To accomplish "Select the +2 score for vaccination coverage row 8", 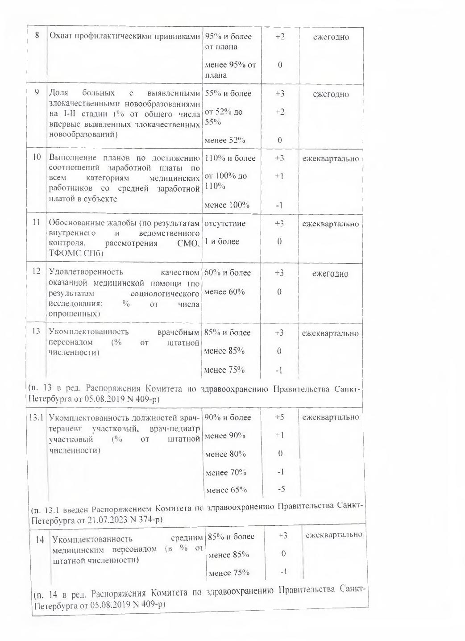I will pos(280,37).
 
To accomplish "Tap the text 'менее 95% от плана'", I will pos(230,70).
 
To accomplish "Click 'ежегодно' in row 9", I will pos(331,94).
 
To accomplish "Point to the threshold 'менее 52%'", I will pos(224,140).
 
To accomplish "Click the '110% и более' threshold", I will pos(230,158).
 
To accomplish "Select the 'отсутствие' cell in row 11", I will pos(224,223).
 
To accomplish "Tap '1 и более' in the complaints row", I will pos(222,241).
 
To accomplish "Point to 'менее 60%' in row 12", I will pos(224,292).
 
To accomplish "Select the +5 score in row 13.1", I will pos(280,417).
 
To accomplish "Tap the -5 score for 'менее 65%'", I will pos(281,489).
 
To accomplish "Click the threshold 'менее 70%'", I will pos(226,472).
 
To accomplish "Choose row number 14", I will pos(40,540).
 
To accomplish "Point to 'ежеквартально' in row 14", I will pos(334,535).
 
